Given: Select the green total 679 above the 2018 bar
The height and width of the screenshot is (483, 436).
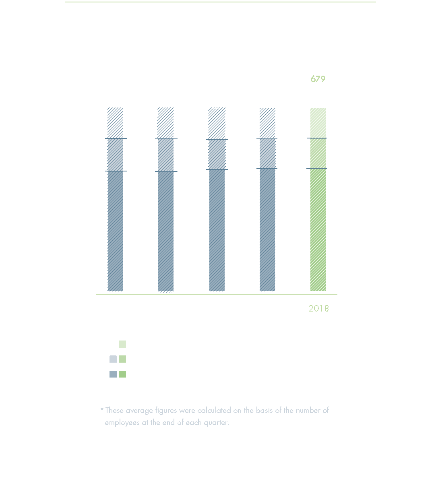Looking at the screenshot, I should point(318,79).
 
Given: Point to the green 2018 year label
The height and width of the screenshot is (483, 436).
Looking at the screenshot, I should point(318,308).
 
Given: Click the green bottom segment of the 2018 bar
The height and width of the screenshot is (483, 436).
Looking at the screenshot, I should point(318,229).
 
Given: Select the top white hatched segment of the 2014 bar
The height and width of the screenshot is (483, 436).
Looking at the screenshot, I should point(115,123).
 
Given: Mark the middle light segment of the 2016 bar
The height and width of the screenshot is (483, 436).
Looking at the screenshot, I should point(217,155).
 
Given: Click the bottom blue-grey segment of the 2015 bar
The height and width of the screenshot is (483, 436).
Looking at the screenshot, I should point(166,231).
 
